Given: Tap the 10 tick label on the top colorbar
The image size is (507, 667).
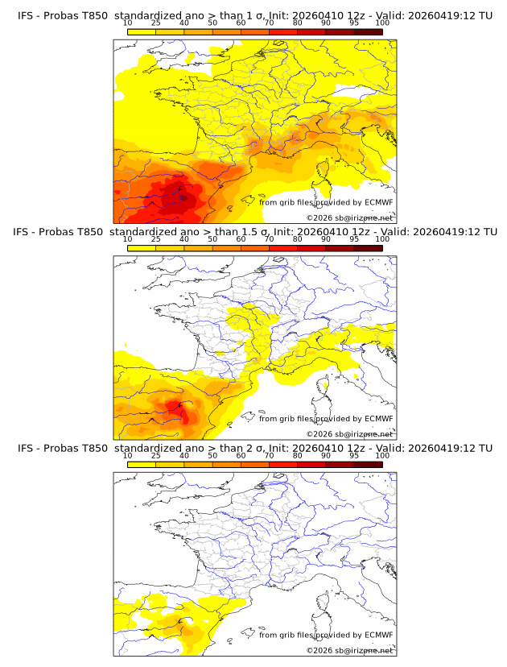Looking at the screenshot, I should pyautogui.click(x=127, y=24).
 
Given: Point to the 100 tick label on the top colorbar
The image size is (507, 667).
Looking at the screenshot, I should pyautogui.click(x=382, y=24).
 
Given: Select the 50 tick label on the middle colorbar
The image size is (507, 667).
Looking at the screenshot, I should pyautogui.click(x=212, y=239).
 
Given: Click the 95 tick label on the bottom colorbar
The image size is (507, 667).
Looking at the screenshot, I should pyautogui.click(x=354, y=456).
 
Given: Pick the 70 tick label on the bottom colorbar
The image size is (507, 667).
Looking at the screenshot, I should pyautogui.click(x=269, y=456).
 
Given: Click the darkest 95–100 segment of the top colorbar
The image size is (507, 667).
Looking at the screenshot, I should pyautogui.click(x=369, y=31).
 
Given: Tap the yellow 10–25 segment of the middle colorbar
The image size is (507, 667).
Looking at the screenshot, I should pyautogui.click(x=142, y=247).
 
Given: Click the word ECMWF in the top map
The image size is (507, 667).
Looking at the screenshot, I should pyautogui.click(x=379, y=202).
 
